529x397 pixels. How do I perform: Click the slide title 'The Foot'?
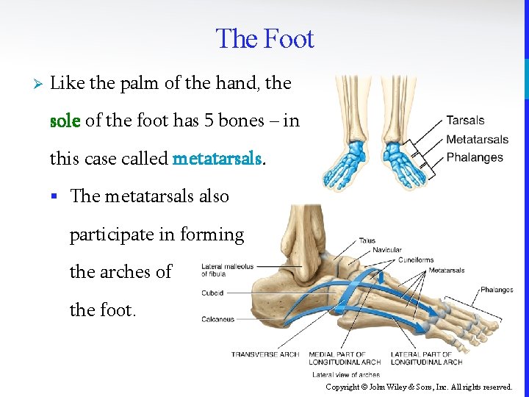pyautogui.click(x=264, y=39)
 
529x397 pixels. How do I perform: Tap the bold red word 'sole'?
pyautogui.click(x=64, y=121)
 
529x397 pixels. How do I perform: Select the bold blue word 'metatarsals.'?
pyautogui.click(x=218, y=158)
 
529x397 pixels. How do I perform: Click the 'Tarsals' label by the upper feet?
pyautogui.click(x=465, y=121)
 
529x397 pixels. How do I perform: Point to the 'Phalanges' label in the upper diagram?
pyautogui.click(x=474, y=157)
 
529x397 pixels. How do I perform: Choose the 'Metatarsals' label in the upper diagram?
pyautogui.click(x=477, y=139)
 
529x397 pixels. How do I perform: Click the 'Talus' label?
pyautogui.click(x=367, y=240)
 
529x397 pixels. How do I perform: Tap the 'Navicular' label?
pyautogui.click(x=387, y=250)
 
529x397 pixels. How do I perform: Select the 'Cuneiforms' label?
pyautogui.click(x=415, y=260)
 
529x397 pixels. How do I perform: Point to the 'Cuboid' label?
pyautogui.click(x=212, y=293)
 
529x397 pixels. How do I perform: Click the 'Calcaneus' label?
pyautogui.click(x=217, y=319)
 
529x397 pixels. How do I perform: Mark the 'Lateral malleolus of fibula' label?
pyautogui.click(x=227, y=270)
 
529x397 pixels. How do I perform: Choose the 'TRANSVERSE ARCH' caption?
pyautogui.click(x=265, y=354)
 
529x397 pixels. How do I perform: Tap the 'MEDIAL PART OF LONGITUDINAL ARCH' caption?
pyautogui.click(x=345, y=358)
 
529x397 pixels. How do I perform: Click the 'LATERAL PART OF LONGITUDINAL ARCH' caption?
pyautogui.click(x=426, y=358)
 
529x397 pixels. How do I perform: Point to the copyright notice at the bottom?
pyautogui.click(x=419, y=387)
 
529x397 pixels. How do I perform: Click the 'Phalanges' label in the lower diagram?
pyautogui.click(x=497, y=290)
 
